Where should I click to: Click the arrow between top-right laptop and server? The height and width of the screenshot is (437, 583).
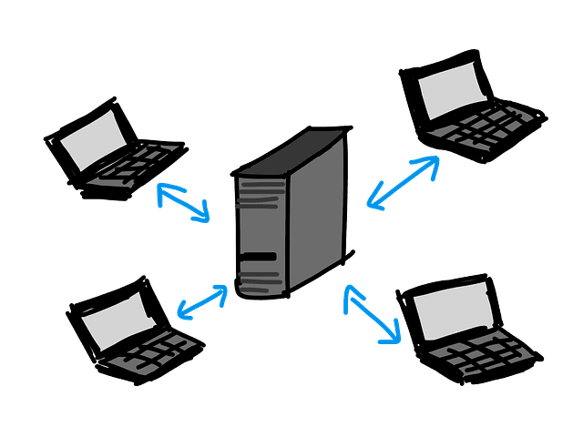(x=402, y=181)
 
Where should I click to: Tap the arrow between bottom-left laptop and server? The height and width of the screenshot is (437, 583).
(x=201, y=301)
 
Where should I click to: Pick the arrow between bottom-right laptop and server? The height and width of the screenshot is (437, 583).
(x=373, y=313)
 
